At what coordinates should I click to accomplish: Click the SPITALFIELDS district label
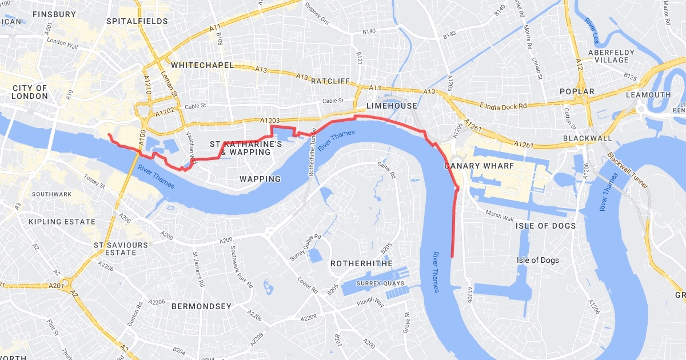[x=137, y=21]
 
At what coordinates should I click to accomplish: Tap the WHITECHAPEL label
[x=202, y=65]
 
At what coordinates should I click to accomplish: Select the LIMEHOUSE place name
[x=392, y=106]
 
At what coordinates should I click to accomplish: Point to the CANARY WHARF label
[x=478, y=166]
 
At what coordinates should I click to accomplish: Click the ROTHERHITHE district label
[x=361, y=263]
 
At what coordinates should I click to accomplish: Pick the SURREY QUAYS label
[x=380, y=283]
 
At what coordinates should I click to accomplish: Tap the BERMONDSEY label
[x=202, y=306]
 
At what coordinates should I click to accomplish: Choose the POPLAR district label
[x=577, y=91]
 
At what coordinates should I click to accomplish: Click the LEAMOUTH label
[x=648, y=95]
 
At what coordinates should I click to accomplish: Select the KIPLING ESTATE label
[x=62, y=221]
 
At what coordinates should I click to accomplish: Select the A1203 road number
[x=270, y=121]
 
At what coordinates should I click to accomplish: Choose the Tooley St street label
[x=94, y=182]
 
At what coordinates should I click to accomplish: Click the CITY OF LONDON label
[x=30, y=92]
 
